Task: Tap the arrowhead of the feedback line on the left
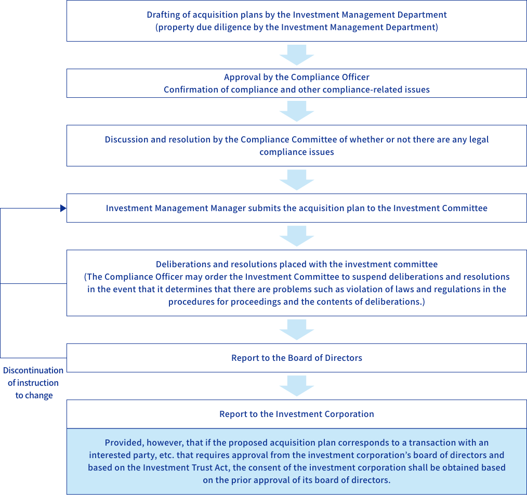[63, 209]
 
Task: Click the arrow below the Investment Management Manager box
[297, 236]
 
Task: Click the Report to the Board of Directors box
[297, 358]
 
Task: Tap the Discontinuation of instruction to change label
[33, 383]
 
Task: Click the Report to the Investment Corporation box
[297, 414]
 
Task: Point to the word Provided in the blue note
[124, 443]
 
